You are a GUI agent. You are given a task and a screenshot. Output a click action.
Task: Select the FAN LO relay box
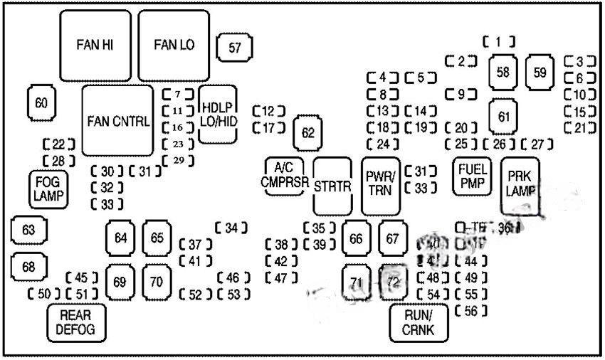point(174,46)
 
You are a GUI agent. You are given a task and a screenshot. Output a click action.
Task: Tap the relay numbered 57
point(234,48)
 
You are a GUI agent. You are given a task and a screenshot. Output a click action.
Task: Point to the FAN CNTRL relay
point(117,120)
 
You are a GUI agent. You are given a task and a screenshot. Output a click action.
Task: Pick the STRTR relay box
point(333,186)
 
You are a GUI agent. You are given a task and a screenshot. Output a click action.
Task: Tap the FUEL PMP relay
point(473,175)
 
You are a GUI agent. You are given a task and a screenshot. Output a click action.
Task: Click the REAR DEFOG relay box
point(75,322)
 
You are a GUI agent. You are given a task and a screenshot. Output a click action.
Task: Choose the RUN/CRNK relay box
point(420,322)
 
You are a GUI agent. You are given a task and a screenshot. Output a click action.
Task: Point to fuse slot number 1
point(499,41)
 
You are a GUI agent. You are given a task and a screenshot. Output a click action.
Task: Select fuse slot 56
point(470,310)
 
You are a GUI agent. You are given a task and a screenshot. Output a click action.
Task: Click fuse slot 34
point(231,228)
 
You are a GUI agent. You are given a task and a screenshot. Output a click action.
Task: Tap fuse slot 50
point(44,294)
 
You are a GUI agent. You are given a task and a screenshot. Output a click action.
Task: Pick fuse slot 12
point(268,111)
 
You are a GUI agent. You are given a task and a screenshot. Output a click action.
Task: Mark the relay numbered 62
point(307,132)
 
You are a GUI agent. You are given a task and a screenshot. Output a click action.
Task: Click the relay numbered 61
point(504,116)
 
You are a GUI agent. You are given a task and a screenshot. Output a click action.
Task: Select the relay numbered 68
point(28,267)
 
